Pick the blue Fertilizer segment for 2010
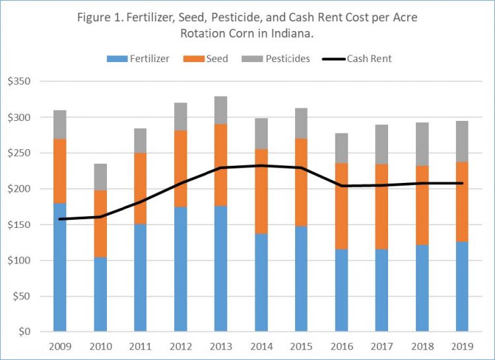coord(100,294)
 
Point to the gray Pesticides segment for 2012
coord(180,117)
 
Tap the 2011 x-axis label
coord(140,345)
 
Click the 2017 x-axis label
coord(381,345)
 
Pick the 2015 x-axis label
coord(300,345)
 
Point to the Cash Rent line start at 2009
coord(59,219)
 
